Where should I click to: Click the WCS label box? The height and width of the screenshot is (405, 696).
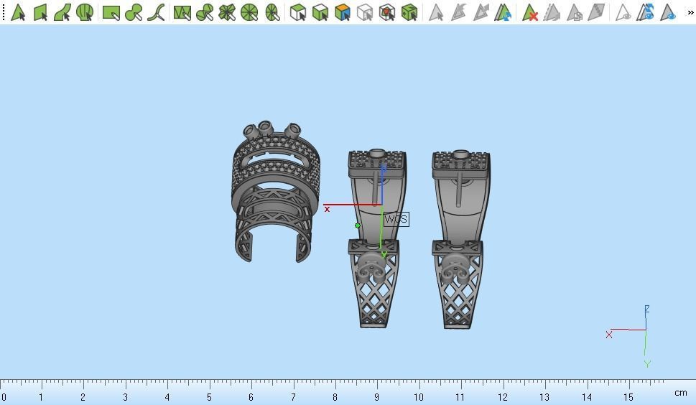[396, 219]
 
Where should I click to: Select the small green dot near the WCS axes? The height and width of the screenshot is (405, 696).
[358, 225]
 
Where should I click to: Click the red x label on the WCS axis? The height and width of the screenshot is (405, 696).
[327, 209]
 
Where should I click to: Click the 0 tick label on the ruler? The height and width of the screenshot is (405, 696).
[4, 396]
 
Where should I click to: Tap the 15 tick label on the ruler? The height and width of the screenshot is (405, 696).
[628, 396]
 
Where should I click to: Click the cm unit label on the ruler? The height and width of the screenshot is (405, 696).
[680, 393]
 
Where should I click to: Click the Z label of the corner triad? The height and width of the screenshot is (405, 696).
[646, 309]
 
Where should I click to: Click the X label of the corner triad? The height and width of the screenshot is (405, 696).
[609, 335]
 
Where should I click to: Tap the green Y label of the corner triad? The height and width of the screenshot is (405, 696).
[646, 364]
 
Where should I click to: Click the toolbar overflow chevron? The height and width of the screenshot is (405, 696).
[690, 12]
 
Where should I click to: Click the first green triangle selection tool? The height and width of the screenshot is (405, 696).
[18, 12]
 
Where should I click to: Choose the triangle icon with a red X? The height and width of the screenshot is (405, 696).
[530, 12]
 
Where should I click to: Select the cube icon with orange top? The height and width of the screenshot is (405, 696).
[343, 12]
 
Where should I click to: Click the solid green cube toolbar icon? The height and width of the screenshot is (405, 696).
[409, 12]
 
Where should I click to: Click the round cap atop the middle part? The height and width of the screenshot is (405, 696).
[377, 154]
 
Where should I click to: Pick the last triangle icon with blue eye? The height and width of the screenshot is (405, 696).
[669, 12]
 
